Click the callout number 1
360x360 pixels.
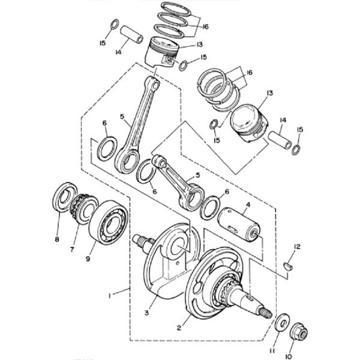pyautogui.click(x=109, y=295)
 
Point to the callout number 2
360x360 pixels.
pyautogui.click(x=178, y=328)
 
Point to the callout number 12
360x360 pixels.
pyautogui.click(x=296, y=246)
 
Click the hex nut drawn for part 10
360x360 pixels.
pyautogui.click(x=298, y=330)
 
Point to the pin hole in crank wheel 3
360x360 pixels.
pyautogui.click(x=179, y=246)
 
